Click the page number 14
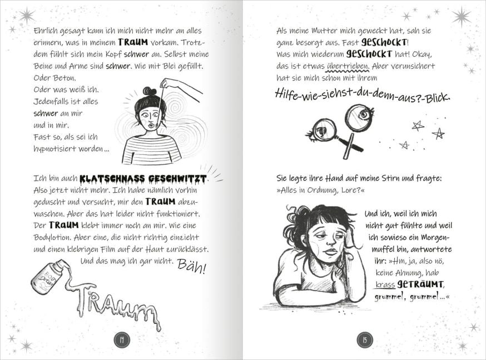click(x=121, y=340)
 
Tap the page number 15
click(x=364, y=340)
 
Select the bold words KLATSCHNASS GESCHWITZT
click(x=143, y=179)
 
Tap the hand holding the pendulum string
click(x=170, y=84)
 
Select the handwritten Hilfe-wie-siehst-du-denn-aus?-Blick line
click(x=363, y=95)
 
